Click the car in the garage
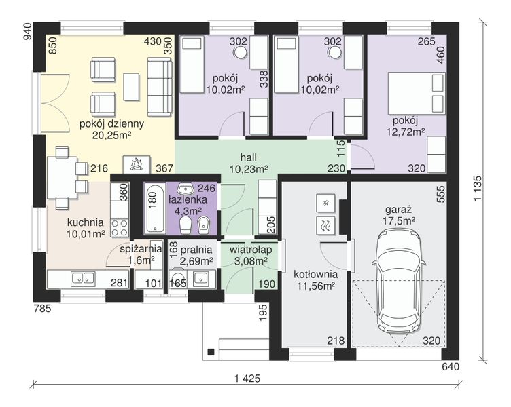tap(400, 280)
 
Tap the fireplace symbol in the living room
tap(137, 164)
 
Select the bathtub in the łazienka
tap(154, 208)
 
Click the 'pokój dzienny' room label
tap(111, 124)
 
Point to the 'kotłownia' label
tap(315, 274)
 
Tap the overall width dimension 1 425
tap(247, 379)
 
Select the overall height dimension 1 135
tap(478, 189)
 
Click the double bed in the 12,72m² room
tap(416, 94)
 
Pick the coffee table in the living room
tap(131, 87)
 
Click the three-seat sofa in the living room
tap(160, 87)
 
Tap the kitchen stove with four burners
tap(120, 228)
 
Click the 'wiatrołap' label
tap(251, 250)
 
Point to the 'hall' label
tap(248, 157)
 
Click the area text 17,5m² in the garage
tap(399, 221)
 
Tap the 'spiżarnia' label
tap(141, 249)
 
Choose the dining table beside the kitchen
tap(63, 178)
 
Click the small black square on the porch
tap(211, 352)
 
